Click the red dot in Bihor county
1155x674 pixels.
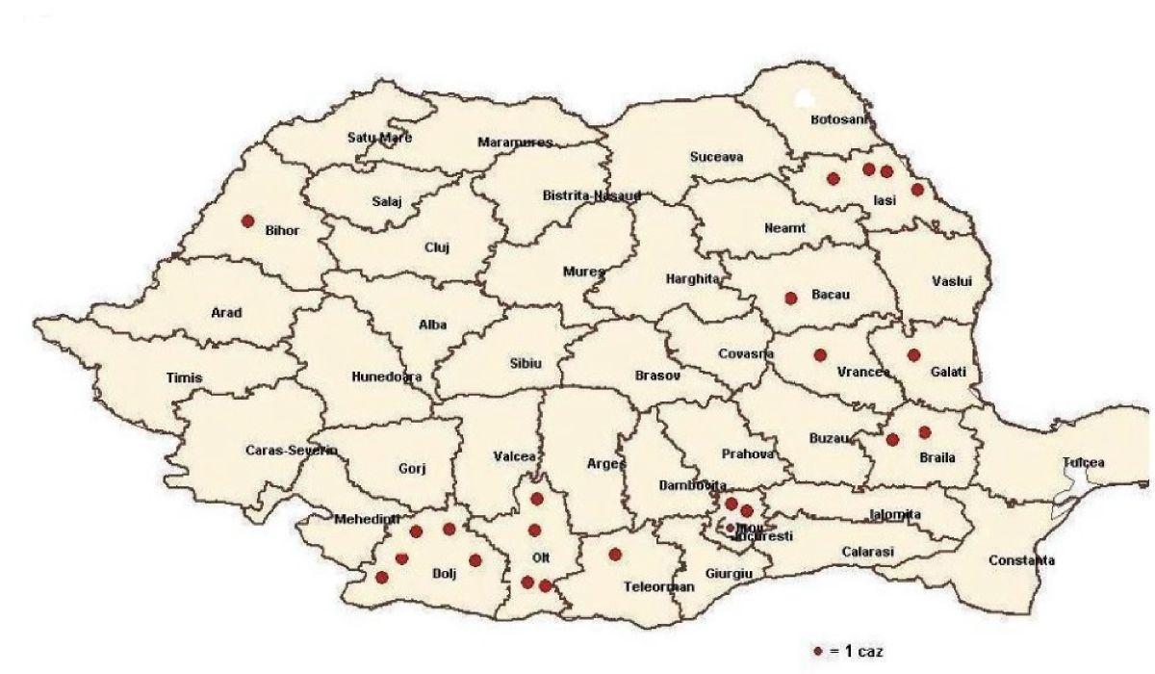[x=247, y=220]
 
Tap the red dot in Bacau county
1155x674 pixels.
[x=791, y=298]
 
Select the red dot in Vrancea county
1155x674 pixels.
[x=820, y=354]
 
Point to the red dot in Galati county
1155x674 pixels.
[x=913, y=354]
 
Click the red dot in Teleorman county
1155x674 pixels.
[x=615, y=554]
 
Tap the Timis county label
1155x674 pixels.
[x=184, y=377]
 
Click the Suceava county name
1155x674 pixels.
[x=716, y=157]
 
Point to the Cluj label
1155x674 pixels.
[x=437, y=246]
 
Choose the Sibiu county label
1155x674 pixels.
[x=526, y=363]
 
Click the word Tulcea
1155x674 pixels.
[x=1084, y=462]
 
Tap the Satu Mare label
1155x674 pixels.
[x=379, y=138]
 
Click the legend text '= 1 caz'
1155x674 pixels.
[x=855, y=651]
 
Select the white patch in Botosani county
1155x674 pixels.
[x=806, y=98]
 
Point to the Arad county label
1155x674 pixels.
[x=226, y=312]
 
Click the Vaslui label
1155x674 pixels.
[x=952, y=280]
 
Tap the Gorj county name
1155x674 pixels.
[x=411, y=469]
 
